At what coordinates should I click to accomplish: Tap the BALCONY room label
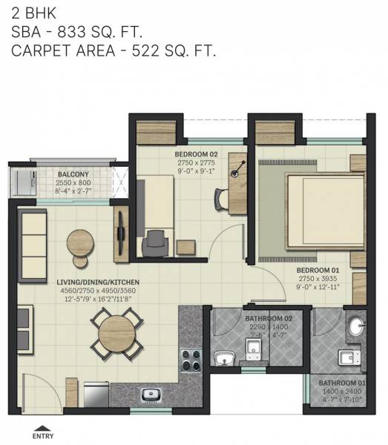[x=73, y=174]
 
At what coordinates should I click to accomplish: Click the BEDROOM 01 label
[x=318, y=271]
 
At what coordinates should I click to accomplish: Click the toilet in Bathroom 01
[x=345, y=358]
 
